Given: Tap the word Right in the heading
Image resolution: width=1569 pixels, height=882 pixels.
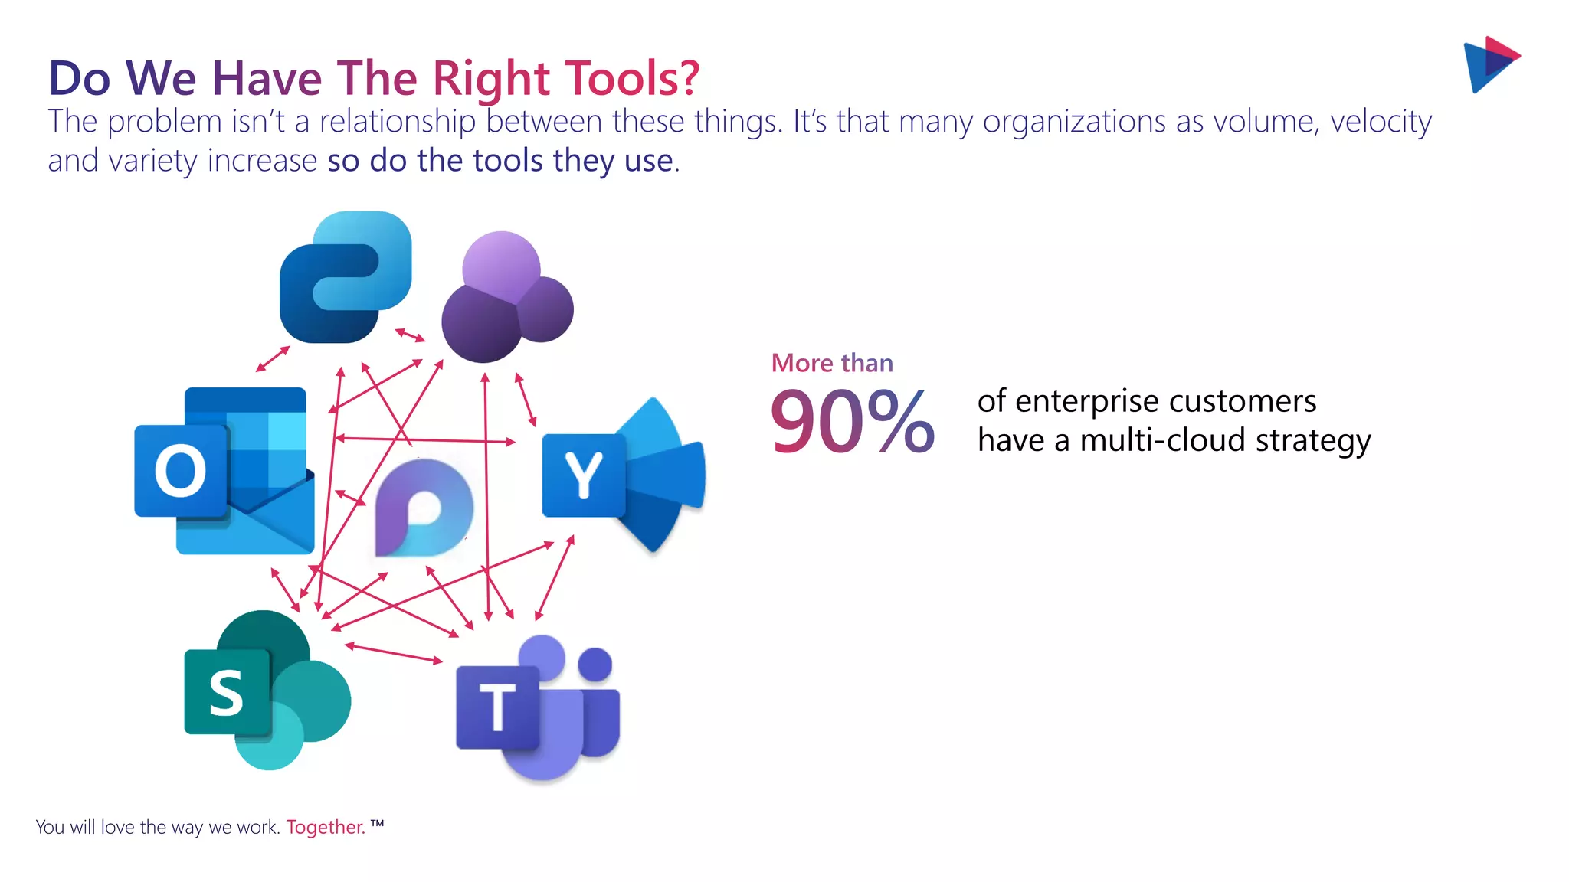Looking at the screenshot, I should point(491,78).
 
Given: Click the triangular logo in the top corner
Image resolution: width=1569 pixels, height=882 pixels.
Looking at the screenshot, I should point(1490,64).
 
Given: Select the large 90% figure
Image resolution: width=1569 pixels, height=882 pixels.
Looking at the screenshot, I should point(852,422).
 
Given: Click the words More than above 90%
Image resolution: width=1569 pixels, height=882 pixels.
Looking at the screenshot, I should point(832,363).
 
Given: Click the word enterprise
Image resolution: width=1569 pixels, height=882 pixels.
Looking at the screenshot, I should point(1087,401).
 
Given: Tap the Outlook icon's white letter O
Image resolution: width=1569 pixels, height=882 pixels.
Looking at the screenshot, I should point(181,472).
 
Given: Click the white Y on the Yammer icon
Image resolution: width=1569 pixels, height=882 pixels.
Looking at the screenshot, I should point(584,475).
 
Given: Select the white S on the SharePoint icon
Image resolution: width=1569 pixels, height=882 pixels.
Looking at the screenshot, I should point(227,692).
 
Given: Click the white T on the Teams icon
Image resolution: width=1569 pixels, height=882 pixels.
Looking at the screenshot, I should point(498,707).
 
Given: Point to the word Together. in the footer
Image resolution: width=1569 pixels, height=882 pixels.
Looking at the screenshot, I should point(326,828).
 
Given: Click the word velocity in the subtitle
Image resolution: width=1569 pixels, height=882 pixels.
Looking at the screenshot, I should point(1381,122).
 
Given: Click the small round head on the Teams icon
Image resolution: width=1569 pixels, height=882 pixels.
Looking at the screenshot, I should point(595,664).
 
